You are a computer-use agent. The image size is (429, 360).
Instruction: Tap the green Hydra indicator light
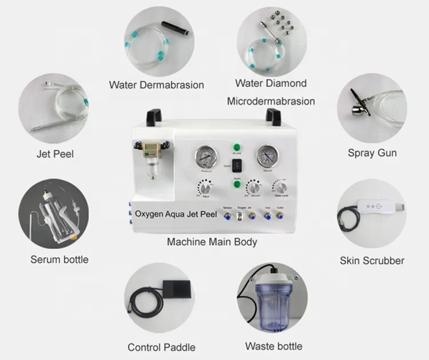click(236, 183)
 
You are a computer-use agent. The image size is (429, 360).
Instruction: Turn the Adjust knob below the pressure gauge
click(204, 189)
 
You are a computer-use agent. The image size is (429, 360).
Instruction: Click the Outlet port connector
click(280, 216)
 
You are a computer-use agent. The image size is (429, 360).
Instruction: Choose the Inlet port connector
click(266, 216)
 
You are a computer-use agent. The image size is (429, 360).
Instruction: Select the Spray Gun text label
click(372, 153)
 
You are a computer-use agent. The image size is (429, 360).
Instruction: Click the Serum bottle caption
click(59, 259)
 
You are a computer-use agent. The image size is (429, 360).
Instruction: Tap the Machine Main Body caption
click(212, 242)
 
